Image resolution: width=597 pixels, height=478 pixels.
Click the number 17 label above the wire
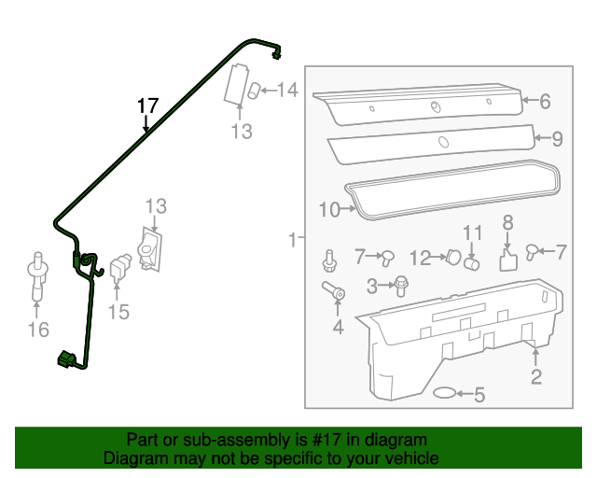(148, 105)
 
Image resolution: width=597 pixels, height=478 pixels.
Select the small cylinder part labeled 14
(253, 91)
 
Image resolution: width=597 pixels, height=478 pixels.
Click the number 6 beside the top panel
(545, 102)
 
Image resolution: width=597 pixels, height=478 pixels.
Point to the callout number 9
(557, 139)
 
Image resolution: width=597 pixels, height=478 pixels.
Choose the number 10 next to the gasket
(328, 210)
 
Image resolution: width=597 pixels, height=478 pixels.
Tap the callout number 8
(508, 222)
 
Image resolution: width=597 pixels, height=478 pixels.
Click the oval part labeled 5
(447, 395)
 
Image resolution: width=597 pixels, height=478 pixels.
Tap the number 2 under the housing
(536, 377)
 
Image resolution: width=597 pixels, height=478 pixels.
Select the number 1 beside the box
(292, 240)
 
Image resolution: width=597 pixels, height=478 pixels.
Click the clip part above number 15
(119, 267)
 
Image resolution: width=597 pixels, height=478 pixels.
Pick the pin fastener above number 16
(37, 276)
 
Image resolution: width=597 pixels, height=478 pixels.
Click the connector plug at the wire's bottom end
(67, 359)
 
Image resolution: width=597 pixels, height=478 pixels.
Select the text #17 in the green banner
(320, 440)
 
